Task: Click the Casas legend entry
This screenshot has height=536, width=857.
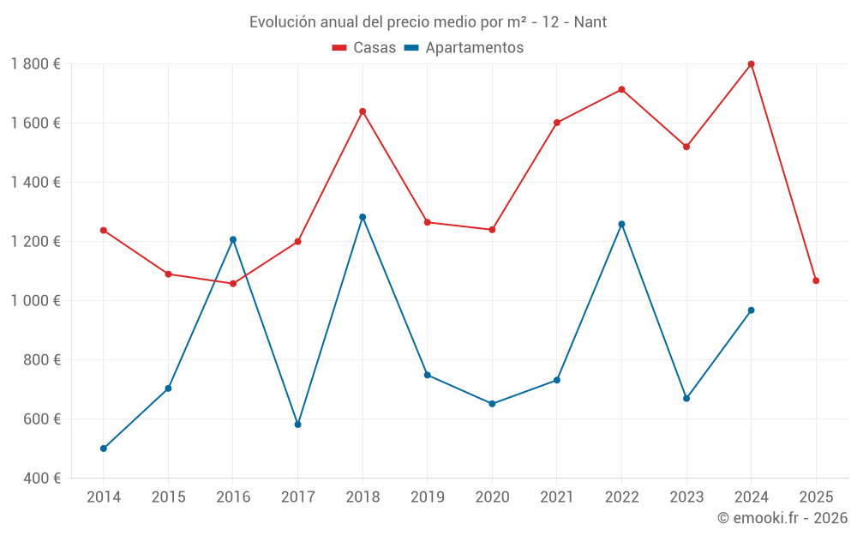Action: click(x=364, y=48)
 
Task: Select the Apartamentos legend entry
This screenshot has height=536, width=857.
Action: click(x=464, y=48)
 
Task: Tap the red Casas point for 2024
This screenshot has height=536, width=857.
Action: click(x=751, y=64)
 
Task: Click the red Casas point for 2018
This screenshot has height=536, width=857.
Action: click(x=363, y=111)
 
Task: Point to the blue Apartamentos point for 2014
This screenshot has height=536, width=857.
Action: click(x=104, y=449)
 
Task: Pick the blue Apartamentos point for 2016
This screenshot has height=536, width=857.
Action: click(x=233, y=239)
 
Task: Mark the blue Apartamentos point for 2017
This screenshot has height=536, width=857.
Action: click(x=297, y=425)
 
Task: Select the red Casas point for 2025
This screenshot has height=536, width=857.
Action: click(x=816, y=280)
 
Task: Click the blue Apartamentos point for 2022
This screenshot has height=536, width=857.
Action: click(x=621, y=224)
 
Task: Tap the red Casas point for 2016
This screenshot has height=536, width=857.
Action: click(x=233, y=283)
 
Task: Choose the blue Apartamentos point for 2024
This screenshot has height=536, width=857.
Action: click(x=751, y=310)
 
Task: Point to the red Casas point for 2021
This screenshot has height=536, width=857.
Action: click(x=557, y=123)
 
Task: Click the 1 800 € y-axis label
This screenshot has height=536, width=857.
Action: click(x=35, y=64)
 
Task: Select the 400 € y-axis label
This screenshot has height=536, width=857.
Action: click(x=40, y=479)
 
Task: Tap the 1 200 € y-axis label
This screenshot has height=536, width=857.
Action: click(x=35, y=242)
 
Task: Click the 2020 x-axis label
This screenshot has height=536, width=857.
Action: click(x=492, y=497)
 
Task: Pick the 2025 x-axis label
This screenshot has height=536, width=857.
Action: click(x=816, y=497)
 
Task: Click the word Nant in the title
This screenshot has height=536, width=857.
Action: click(x=590, y=22)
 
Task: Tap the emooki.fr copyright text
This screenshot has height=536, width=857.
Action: click(x=782, y=518)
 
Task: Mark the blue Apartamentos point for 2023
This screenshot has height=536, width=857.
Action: click(x=686, y=398)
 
